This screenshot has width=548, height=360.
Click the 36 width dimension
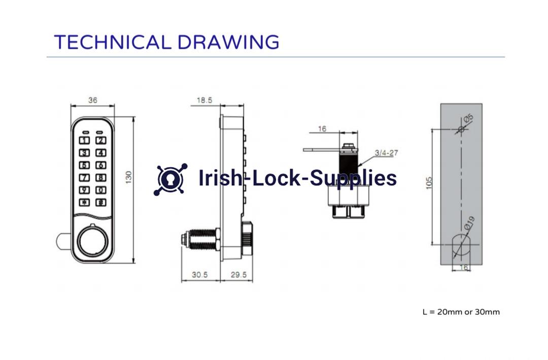pos(92,100)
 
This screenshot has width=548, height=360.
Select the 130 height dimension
pos(128,177)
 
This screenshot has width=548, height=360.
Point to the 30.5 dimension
pos(199,275)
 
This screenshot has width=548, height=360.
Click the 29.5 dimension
pos(238,275)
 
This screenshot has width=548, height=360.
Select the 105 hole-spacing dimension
pos(429,183)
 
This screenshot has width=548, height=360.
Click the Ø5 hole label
pos(468,118)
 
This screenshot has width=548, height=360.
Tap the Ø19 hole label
pos(469,221)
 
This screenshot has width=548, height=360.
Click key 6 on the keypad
pos(101,165)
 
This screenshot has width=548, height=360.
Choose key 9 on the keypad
pos(85,190)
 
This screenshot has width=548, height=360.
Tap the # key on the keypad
pos(101,202)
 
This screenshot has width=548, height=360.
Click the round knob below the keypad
pos(92,244)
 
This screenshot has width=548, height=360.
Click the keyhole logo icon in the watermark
pos(170,179)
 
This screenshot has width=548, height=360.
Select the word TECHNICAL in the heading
pos(111,42)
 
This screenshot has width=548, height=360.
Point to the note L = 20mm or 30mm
pos(461,312)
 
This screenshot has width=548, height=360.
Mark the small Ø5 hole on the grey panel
pos(461,129)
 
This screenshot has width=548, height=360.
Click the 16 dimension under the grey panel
pos(463,268)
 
